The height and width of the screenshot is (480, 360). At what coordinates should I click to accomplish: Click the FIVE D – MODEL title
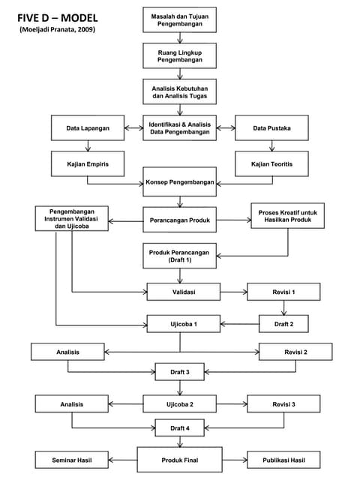point(57,16)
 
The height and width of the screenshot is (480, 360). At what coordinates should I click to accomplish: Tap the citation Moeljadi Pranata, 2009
point(57,29)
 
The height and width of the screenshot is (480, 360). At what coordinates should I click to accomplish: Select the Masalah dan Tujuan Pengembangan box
point(179,19)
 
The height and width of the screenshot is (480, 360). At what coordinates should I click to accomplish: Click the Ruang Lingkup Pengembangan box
point(179,55)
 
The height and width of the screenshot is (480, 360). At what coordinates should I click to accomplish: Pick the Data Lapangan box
point(87,128)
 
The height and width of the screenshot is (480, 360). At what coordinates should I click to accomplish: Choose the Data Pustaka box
point(271,128)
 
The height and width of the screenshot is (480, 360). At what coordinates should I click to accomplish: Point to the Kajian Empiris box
point(87,163)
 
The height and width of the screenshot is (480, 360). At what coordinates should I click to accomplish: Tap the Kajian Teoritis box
point(271,163)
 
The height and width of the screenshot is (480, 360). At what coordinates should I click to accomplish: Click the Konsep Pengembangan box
point(179,182)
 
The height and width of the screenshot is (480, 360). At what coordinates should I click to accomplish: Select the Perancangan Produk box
point(179,220)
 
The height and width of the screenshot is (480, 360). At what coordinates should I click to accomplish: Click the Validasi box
point(183,291)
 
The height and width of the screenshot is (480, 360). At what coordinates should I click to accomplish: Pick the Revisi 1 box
point(283,291)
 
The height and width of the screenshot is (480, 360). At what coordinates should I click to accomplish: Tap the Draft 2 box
point(283,323)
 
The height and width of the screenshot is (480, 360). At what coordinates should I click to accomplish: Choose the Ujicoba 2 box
point(180,404)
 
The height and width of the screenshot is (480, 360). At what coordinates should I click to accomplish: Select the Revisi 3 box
point(283,404)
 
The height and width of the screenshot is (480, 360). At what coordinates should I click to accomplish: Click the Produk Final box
point(179,459)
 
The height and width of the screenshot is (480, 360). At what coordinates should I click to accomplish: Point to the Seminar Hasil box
point(72,459)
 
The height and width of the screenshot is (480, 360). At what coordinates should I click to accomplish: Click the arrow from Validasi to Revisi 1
point(233,291)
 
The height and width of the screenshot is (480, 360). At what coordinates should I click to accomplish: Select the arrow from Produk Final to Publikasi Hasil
point(234,459)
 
